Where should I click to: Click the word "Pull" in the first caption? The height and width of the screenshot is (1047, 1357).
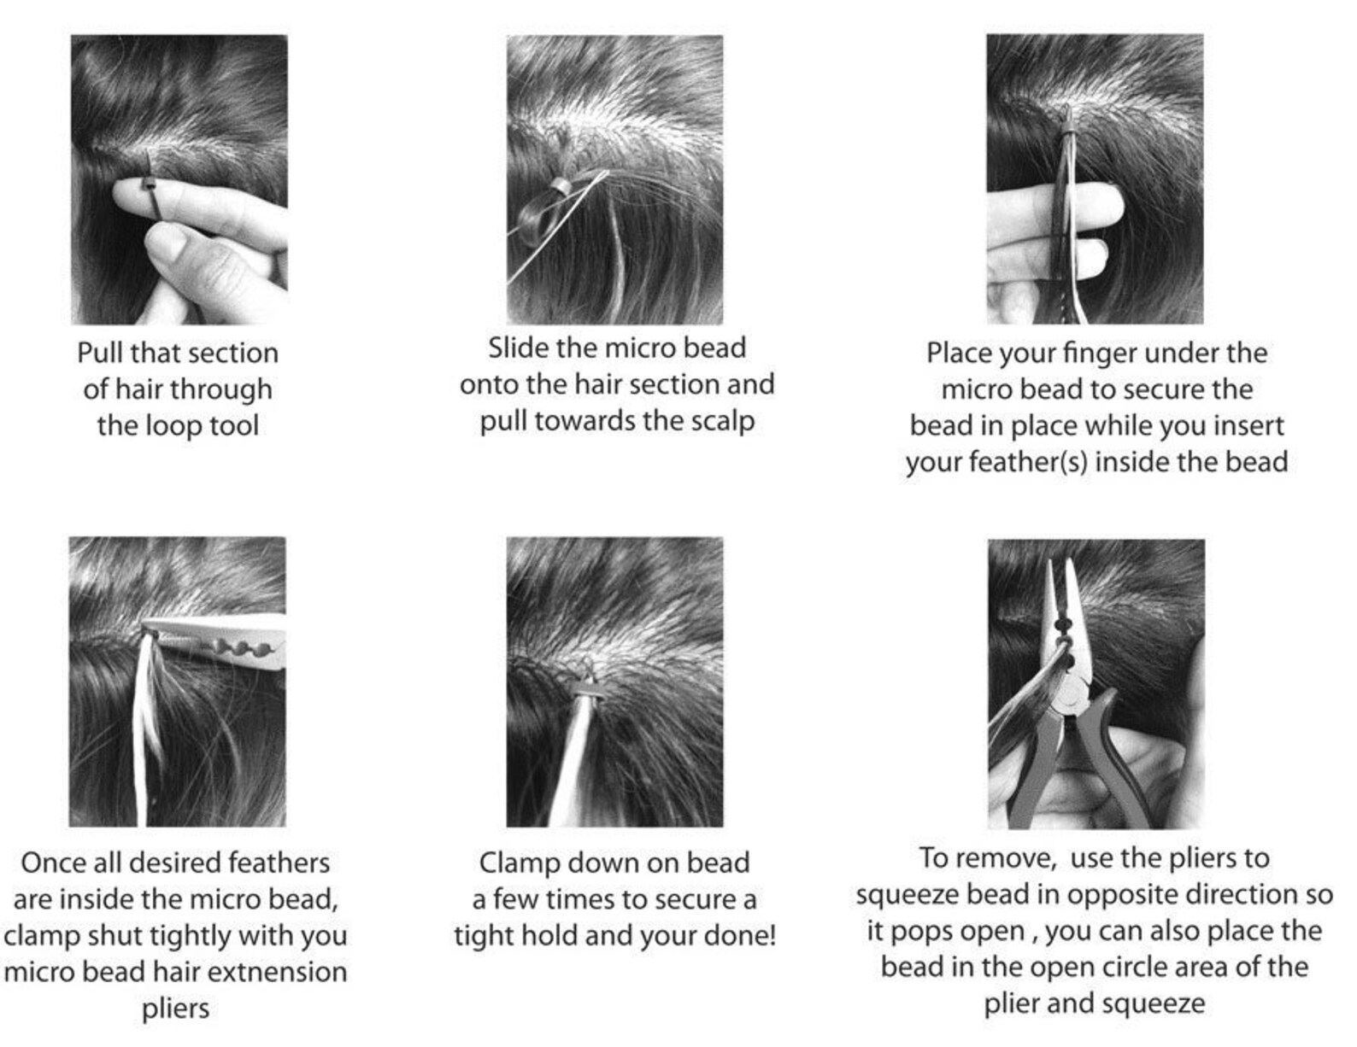click(x=101, y=353)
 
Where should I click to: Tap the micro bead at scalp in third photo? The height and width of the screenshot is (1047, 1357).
click(x=1067, y=128)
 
